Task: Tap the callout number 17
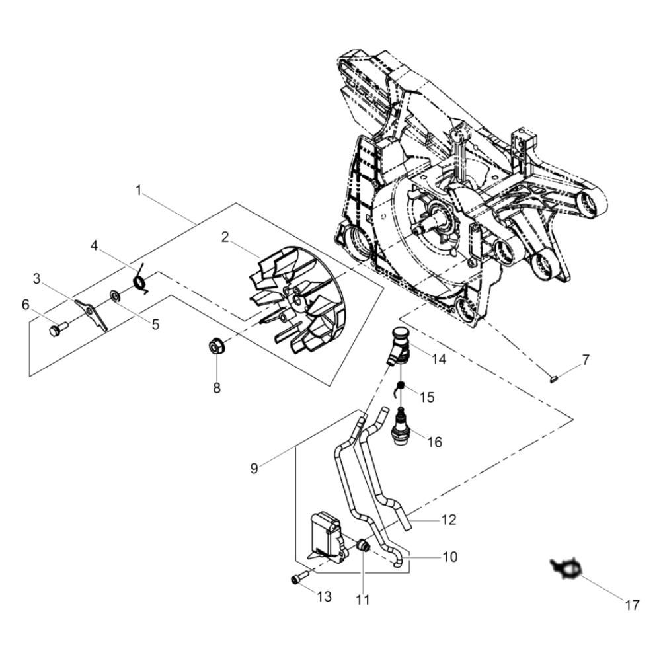point(633,605)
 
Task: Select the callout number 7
point(586,360)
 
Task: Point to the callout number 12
point(449,520)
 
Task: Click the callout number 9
point(254,469)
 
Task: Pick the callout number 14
point(438,359)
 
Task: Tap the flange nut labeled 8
point(217,347)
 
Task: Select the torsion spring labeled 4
point(141,278)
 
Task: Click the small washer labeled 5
point(114,296)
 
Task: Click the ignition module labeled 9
point(329,538)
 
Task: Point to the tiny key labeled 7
point(555,378)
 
